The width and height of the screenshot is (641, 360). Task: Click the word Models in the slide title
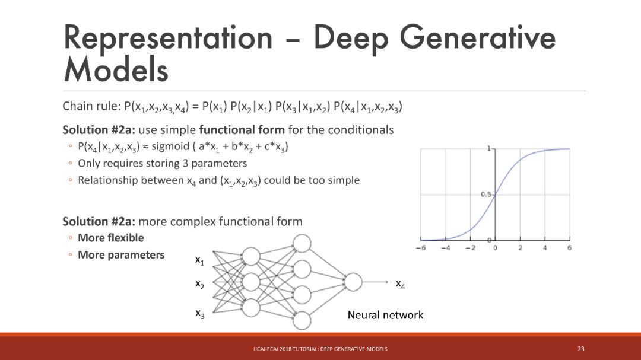pyautogui.click(x=116, y=70)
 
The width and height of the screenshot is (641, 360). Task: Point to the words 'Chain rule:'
pyautogui.click(x=89, y=107)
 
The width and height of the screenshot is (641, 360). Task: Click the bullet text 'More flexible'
pyautogui.click(x=111, y=238)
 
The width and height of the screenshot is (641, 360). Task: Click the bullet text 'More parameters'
pyautogui.click(x=121, y=255)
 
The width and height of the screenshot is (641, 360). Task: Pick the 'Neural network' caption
pyautogui.click(x=385, y=315)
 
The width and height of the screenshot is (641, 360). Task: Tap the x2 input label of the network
pyautogui.click(x=199, y=284)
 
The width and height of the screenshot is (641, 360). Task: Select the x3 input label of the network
pyautogui.click(x=199, y=313)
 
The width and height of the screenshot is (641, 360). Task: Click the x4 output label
pyautogui.click(x=401, y=285)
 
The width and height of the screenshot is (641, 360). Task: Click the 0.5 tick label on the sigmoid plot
pyautogui.click(x=485, y=195)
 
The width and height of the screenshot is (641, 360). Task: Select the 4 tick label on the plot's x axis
pyautogui.click(x=545, y=247)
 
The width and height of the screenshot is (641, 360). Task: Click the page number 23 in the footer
pyautogui.click(x=580, y=348)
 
